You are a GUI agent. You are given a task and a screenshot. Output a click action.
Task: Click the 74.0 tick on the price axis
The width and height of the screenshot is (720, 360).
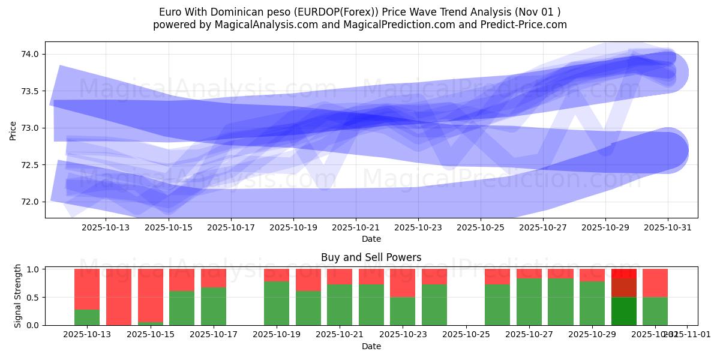point(30,54)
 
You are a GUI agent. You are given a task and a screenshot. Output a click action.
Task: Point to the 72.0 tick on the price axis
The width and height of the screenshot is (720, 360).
point(30,202)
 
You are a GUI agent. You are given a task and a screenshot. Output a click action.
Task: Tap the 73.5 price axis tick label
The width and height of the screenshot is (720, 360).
point(30,91)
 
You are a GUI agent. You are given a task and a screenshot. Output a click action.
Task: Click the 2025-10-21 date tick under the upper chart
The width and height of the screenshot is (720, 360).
point(356,228)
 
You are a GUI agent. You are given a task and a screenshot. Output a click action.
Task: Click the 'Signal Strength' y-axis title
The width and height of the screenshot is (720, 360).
point(18,296)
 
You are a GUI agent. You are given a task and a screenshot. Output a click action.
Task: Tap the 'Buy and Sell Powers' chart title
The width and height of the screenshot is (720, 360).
point(371,257)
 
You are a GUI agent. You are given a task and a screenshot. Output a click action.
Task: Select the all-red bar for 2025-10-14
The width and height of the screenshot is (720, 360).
point(118,297)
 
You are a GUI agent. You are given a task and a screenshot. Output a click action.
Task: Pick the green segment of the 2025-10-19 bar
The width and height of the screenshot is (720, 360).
point(277,303)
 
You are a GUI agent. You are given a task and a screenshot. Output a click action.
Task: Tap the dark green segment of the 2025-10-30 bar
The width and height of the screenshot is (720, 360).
point(624,311)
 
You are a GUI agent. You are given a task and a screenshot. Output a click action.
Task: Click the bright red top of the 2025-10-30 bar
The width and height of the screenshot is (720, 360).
point(624,273)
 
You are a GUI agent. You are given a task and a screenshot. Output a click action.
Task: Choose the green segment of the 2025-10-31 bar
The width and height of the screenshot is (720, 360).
point(655,311)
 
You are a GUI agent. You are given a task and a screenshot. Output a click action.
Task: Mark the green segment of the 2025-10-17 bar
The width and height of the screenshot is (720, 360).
point(214,306)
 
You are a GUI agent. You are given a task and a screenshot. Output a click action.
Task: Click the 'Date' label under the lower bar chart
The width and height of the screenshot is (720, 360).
point(371,346)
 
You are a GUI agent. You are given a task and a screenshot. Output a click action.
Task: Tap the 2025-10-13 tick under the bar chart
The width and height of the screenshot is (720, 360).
point(87,334)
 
